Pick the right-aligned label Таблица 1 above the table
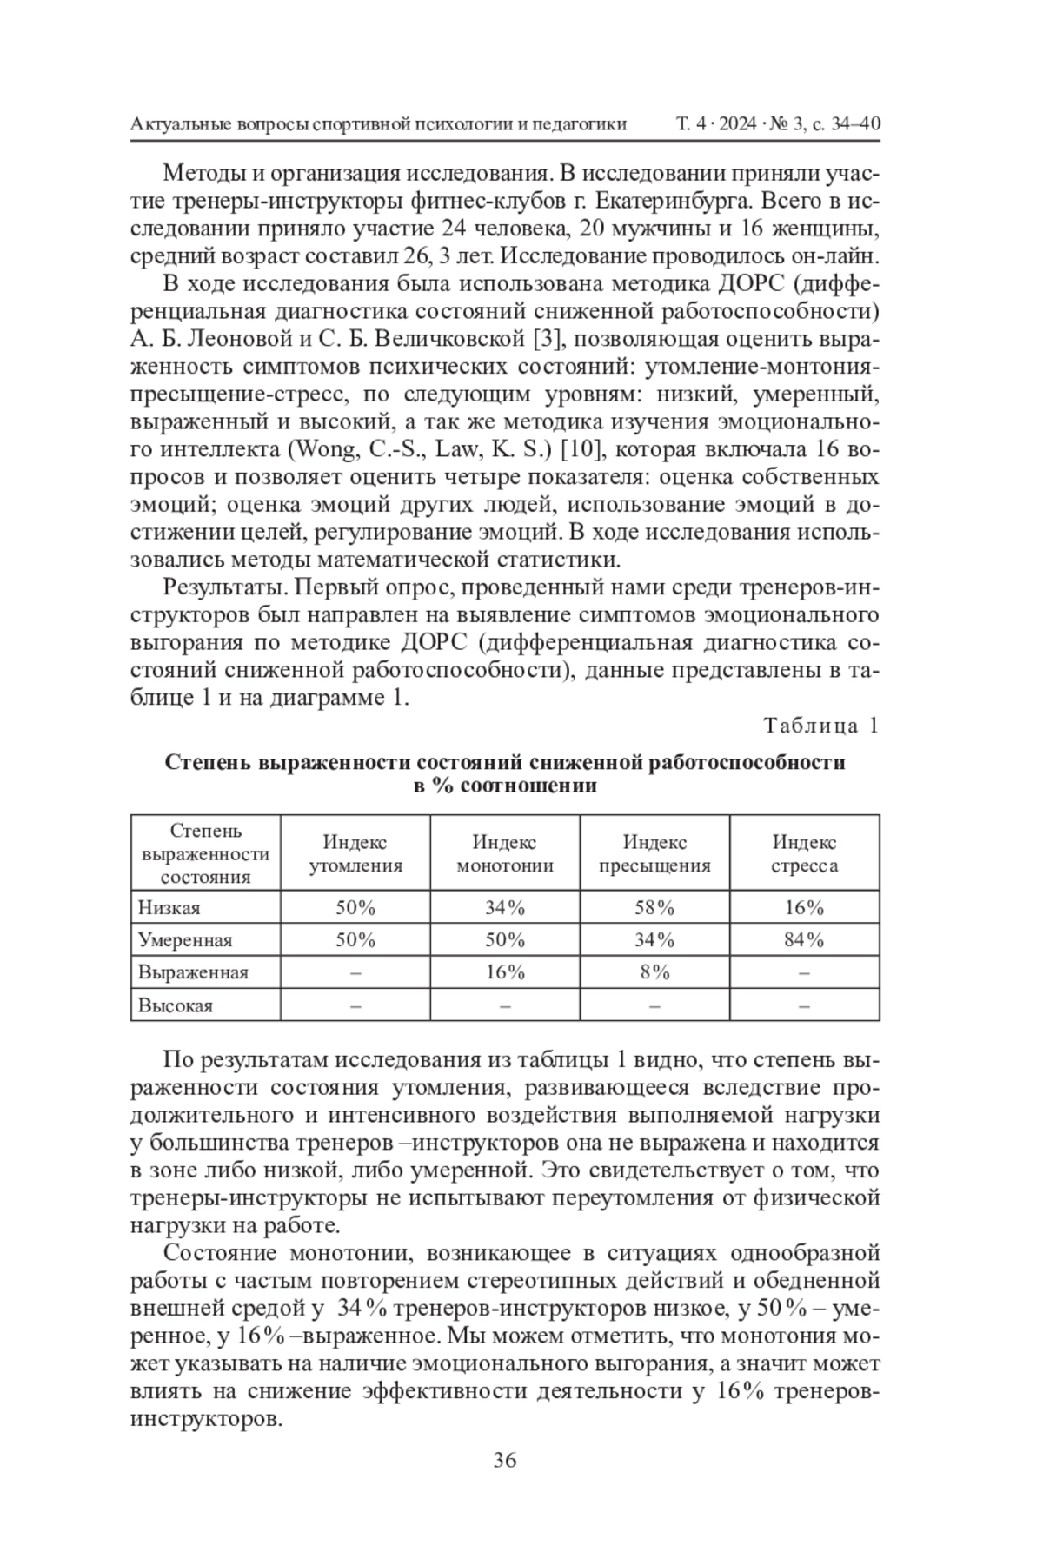(820, 725)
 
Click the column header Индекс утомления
(355, 853)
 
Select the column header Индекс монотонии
(505, 853)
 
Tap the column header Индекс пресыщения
(654, 853)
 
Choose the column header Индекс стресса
(805, 853)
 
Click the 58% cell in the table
(654, 908)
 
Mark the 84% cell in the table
(805, 940)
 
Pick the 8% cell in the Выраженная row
(654, 972)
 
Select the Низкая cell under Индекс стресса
(805, 908)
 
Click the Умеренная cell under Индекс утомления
(355, 940)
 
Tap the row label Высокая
(176, 1005)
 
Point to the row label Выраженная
(193, 972)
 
